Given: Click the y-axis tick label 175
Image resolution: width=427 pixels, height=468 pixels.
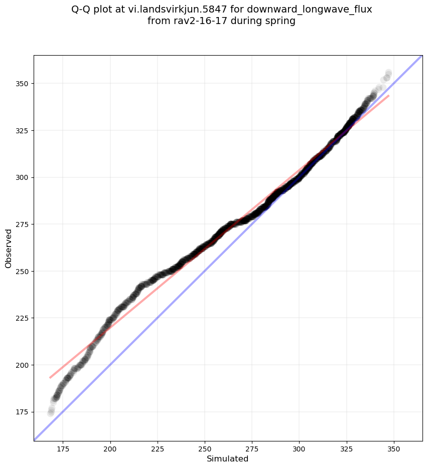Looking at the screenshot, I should (x=23, y=412).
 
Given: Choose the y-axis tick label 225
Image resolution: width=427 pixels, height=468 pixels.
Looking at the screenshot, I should (x=23, y=318).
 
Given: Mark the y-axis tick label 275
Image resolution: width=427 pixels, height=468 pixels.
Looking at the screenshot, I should (x=23, y=224).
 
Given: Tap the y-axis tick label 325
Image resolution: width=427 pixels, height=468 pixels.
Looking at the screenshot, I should (x=23, y=130).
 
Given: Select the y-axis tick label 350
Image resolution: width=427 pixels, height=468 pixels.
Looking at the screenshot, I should (x=23, y=83).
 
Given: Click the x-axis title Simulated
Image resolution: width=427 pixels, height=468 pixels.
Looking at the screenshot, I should (x=228, y=458).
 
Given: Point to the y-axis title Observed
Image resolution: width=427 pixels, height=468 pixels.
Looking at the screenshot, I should (x=9, y=248).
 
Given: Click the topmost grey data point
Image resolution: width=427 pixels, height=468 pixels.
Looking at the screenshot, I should (x=388, y=73).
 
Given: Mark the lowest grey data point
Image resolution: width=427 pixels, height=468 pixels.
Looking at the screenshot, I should (x=51, y=413).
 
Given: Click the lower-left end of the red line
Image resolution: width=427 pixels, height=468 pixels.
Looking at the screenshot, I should (x=50, y=377).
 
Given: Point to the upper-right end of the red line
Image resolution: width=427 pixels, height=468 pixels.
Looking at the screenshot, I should (x=389, y=95).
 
